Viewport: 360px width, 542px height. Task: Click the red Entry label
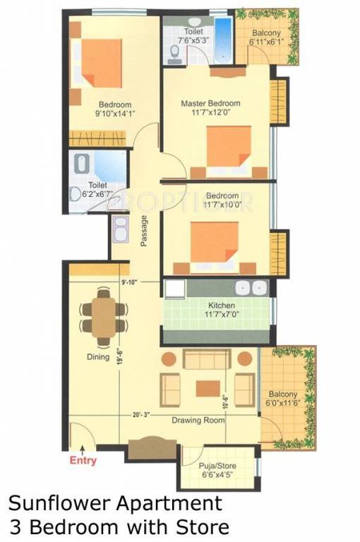[x=82, y=461]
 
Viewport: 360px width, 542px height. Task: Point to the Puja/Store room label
[x=217, y=466]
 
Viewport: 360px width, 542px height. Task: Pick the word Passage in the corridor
[x=144, y=229]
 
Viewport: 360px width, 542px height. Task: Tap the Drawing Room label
[x=198, y=420]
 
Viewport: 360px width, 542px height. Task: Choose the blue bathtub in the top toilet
[x=223, y=42]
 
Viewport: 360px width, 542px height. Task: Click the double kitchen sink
[x=251, y=288]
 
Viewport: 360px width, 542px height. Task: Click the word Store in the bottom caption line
[x=197, y=526]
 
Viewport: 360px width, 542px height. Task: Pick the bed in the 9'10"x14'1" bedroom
[x=100, y=66]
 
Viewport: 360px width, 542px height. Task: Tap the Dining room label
[x=97, y=357]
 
